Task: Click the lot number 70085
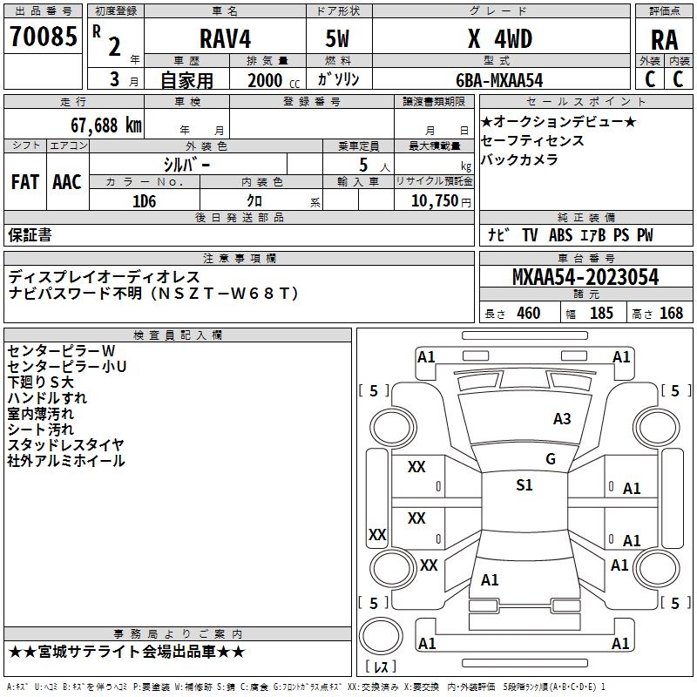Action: click(44, 37)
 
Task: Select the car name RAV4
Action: click(225, 38)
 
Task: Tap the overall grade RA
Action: click(665, 40)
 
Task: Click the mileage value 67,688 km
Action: click(106, 125)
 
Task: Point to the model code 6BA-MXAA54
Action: click(499, 80)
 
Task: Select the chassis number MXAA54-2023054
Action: click(585, 277)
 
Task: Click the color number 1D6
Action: click(145, 201)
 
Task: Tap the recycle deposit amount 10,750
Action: click(435, 201)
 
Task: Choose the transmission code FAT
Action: click(25, 182)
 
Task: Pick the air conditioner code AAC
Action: click(67, 182)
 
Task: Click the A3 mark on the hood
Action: click(562, 419)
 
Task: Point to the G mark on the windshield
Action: click(551, 459)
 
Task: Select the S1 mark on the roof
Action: click(524, 485)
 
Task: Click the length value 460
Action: click(529, 314)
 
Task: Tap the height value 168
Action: click(671, 314)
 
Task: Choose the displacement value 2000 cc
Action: click(274, 81)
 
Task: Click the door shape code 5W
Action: click(337, 39)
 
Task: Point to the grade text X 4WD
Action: click(500, 39)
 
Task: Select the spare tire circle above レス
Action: click(381, 636)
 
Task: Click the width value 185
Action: click(601, 314)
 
